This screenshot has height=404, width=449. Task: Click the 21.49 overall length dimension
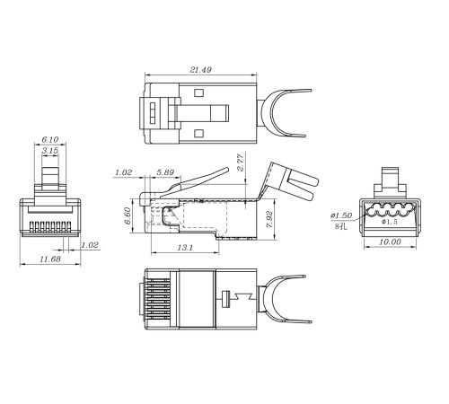click(200, 70)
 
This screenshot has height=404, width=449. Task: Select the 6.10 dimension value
click(50, 139)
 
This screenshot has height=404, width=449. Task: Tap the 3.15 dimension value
click(50, 151)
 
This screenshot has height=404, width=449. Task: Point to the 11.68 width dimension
click(50, 259)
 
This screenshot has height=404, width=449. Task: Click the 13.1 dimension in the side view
click(185, 248)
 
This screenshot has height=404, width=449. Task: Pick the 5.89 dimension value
click(165, 172)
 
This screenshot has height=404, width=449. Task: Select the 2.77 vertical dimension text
click(241, 162)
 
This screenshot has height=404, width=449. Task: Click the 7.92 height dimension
click(269, 220)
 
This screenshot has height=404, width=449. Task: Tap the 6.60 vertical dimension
click(128, 215)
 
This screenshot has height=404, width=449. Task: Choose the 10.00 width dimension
click(390, 242)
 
